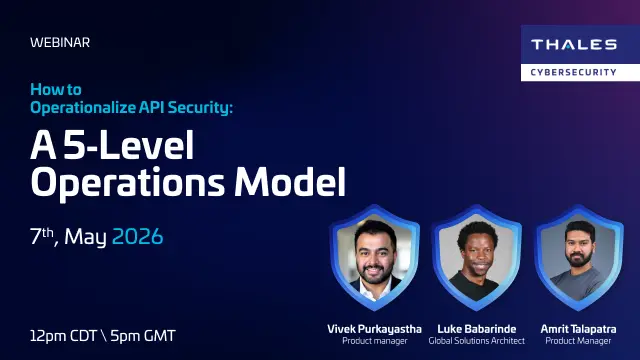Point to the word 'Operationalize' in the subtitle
coord(82,107)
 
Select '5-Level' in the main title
coord(126,146)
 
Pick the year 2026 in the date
coord(137,238)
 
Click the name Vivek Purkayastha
coord(375,328)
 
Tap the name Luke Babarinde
coord(477,328)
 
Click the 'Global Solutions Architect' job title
coord(477,341)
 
